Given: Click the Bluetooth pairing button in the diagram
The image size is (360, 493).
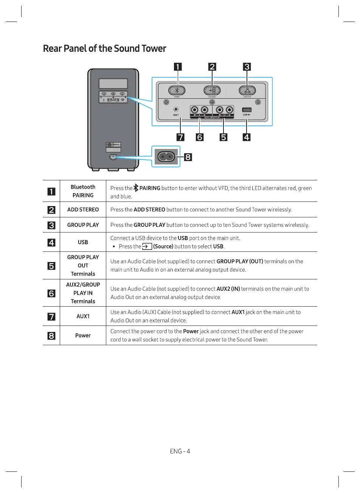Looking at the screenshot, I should [177, 90].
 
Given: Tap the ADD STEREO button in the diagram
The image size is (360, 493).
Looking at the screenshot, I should [212, 90].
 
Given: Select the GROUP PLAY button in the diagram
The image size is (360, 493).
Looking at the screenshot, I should [247, 90].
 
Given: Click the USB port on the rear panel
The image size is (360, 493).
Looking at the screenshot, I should [247, 110].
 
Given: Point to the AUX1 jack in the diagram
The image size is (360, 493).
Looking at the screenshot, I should [176, 110].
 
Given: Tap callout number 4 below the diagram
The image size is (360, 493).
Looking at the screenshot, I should [247, 137].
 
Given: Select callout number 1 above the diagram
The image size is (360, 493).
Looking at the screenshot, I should [177, 67].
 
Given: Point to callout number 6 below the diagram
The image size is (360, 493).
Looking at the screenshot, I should [200, 137].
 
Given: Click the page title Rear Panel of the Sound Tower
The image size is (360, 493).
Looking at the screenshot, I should [105, 49].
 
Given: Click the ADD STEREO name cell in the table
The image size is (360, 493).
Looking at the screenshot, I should [83, 209].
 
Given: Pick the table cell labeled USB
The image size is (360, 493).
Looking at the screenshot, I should [83, 242].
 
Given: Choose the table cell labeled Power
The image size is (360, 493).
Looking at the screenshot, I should [83, 335].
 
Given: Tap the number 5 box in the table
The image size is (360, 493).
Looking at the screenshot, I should [51, 265].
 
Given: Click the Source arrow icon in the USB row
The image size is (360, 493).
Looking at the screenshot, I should [147, 246].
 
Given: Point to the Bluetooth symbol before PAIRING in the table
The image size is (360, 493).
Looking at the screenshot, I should [136, 188].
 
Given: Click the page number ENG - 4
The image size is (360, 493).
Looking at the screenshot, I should [180, 451].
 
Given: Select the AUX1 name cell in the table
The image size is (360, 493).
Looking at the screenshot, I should [83, 316].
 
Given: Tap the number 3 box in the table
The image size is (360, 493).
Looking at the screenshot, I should [51, 225].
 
